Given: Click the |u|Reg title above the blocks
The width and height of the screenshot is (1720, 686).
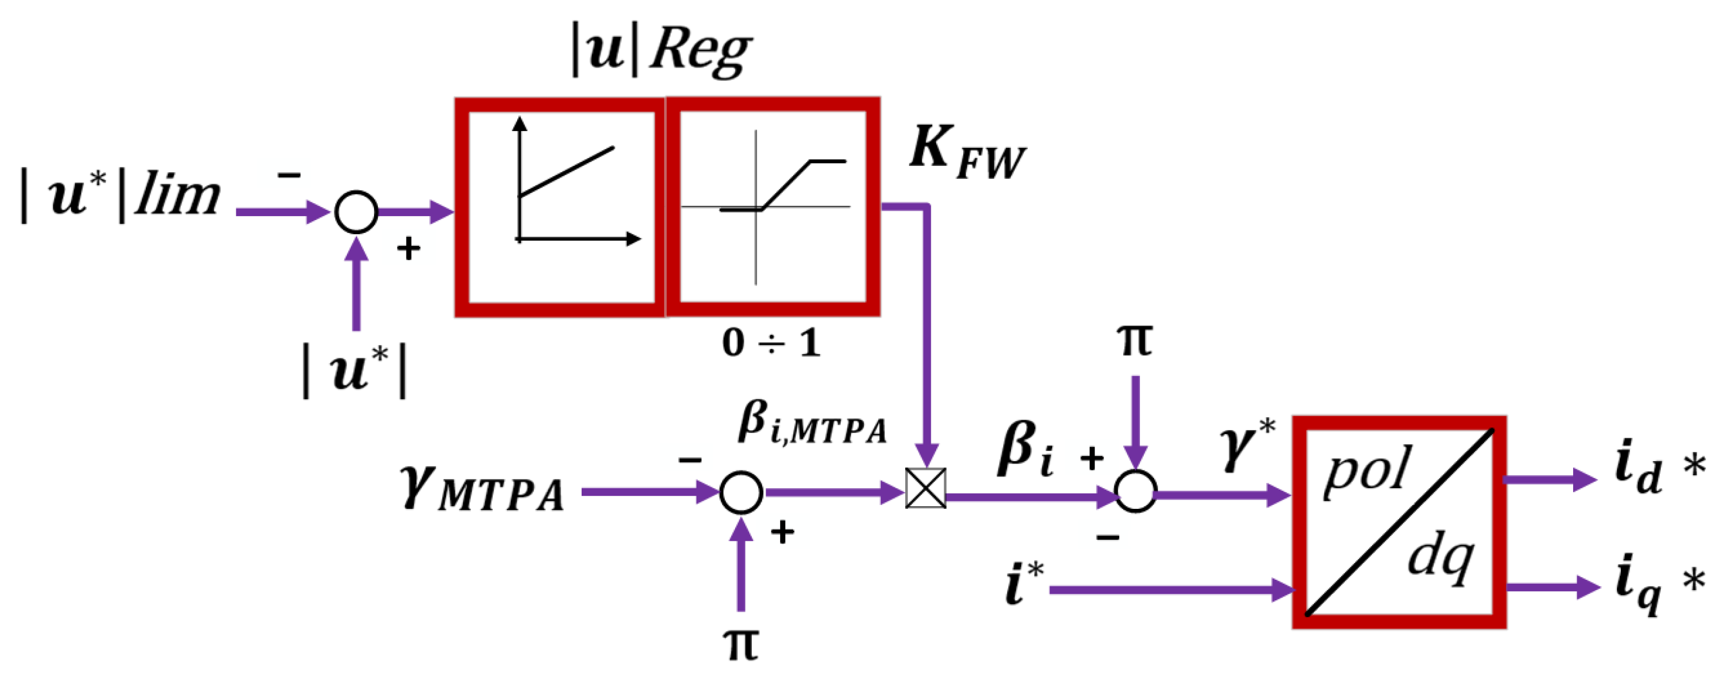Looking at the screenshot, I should [661, 50].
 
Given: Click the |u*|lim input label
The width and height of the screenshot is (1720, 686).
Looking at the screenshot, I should [120, 195].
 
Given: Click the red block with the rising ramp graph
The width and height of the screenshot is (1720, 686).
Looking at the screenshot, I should [560, 207].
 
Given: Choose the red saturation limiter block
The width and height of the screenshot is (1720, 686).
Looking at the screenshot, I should [772, 207].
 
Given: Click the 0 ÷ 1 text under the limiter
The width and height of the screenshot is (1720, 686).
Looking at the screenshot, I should [771, 344].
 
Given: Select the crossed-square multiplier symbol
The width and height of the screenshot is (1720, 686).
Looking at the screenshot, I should [925, 488].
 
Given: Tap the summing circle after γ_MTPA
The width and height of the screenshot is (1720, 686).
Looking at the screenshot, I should [741, 493].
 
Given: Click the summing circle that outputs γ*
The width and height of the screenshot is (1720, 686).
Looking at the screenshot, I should [1135, 492].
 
